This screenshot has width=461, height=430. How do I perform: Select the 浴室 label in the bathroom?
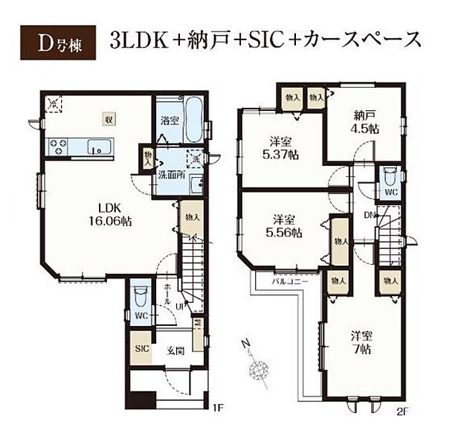click(168, 119)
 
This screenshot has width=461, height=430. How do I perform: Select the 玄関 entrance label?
click(175, 350)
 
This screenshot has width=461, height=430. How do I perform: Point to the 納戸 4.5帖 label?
click(364, 121)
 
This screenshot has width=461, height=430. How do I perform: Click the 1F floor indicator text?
click(217, 408)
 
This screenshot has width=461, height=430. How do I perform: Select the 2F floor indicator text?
click(403, 409)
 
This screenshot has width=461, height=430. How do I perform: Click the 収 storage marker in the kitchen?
click(109, 118)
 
